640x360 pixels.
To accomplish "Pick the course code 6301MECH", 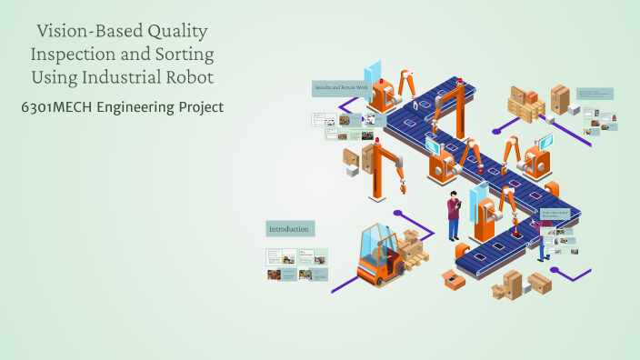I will point(57,107).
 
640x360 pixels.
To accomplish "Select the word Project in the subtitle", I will point(200,107).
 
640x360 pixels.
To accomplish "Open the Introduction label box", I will point(290,228).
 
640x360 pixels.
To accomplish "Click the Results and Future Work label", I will point(340,87).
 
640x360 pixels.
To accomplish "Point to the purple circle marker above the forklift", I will point(397,213).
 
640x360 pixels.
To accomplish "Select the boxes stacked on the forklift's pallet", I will point(411,244).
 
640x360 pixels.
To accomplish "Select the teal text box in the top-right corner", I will point(595,94).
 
